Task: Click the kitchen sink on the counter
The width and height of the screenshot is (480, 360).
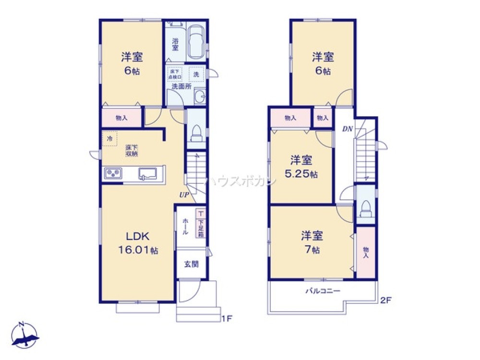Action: tap(147, 173)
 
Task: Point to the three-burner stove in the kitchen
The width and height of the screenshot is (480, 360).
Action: tap(113, 173)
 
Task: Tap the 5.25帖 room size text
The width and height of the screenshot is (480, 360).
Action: tap(301, 174)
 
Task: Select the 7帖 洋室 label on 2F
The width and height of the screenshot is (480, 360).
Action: tap(312, 242)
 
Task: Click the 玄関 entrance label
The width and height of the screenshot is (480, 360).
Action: tap(191, 264)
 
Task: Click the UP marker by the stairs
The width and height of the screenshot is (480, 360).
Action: tap(184, 195)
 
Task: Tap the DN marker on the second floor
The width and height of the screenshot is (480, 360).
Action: tap(347, 128)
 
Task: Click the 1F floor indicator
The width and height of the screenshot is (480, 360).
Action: tap(227, 318)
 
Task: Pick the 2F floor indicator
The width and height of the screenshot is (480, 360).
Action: tap(386, 301)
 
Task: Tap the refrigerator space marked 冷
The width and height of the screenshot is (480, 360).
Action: tap(109, 138)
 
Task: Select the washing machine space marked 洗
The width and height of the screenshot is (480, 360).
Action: tap(197, 74)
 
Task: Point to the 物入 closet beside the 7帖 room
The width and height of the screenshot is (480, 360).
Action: tap(366, 252)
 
